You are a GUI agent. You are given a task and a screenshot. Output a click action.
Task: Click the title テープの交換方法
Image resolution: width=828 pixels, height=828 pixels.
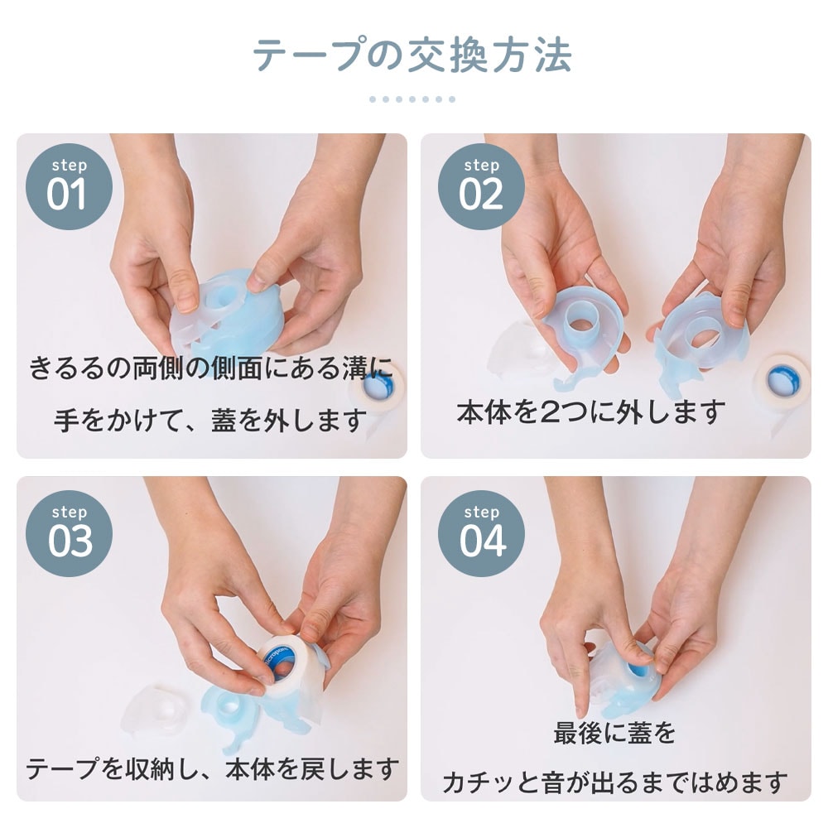pos(412,55)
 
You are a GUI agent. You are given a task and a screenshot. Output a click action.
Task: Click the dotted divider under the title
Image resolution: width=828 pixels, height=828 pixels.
pos(412,99)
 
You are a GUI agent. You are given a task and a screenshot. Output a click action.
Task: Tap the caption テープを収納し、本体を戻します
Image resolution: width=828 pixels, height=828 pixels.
pos(212,769)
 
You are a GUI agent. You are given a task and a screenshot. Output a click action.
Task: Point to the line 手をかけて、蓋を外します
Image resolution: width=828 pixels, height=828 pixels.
pos(210,421)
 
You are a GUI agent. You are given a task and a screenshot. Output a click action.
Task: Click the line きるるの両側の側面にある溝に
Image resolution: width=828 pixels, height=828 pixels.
pos(210,367)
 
